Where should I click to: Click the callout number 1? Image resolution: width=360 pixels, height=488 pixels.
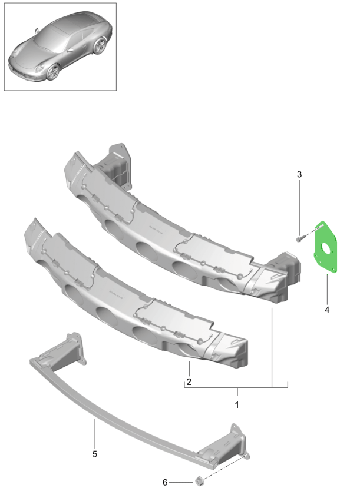[x=237, y=405]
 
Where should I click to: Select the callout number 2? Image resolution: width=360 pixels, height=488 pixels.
[x=189, y=381]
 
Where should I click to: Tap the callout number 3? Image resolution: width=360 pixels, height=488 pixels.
[x=299, y=174]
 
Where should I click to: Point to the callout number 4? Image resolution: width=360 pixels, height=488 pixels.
[x=326, y=310]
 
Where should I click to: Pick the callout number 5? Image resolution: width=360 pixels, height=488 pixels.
[x=95, y=454]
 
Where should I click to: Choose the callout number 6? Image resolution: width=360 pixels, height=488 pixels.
[x=165, y=482]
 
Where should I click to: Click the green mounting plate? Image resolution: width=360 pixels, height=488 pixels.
[x=325, y=247]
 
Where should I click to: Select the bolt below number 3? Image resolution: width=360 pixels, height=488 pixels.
[x=298, y=240]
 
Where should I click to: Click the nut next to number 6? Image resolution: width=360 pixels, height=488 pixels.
[x=198, y=481]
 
